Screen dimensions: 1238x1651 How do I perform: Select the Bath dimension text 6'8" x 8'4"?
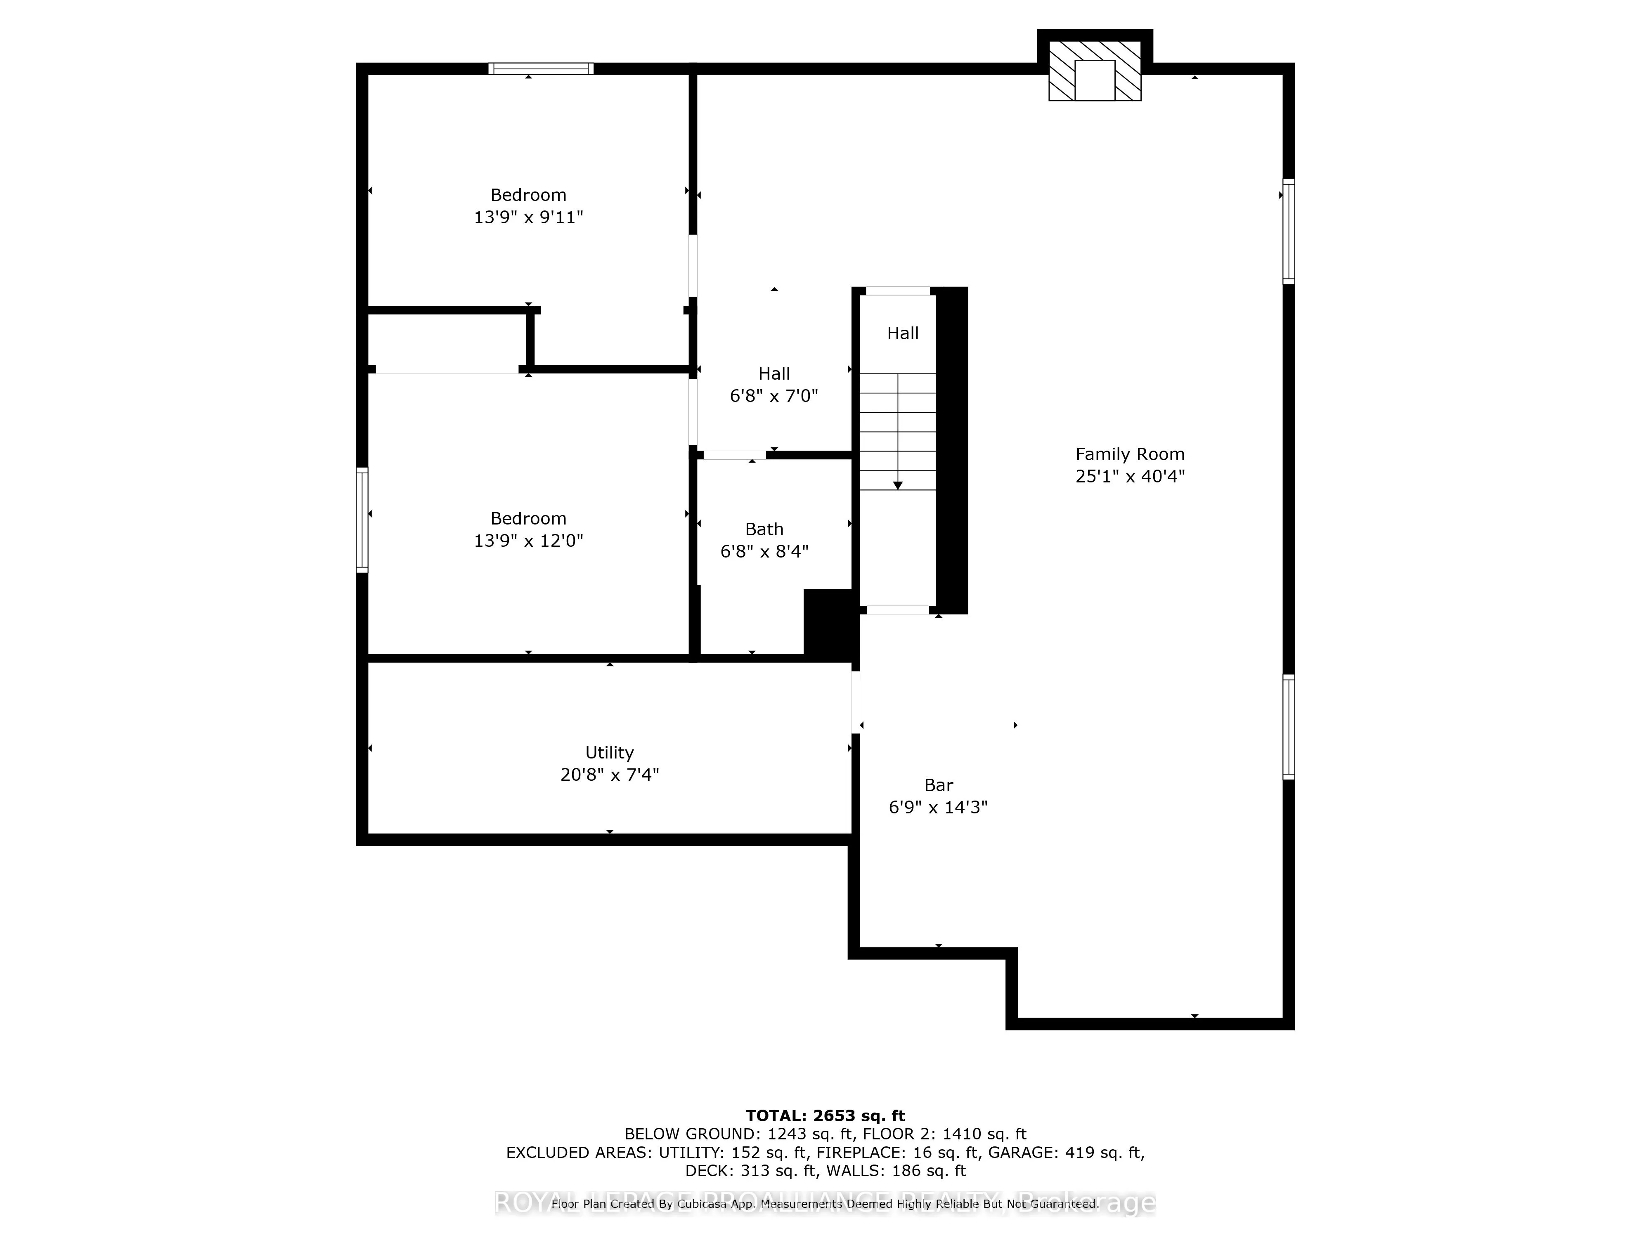(764, 551)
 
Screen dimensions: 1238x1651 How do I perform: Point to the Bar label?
(938, 785)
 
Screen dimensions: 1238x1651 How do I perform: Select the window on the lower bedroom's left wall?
(362, 520)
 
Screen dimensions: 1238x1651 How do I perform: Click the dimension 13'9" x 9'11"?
(528, 217)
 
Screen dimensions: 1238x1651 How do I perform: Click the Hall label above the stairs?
(902, 333)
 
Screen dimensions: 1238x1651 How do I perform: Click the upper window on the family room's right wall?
(1288, 232)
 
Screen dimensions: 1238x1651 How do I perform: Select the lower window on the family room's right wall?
(1288, 727)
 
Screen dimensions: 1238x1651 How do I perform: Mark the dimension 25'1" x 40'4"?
(1129, 476)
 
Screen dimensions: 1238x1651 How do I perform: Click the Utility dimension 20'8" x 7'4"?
(609, 775)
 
